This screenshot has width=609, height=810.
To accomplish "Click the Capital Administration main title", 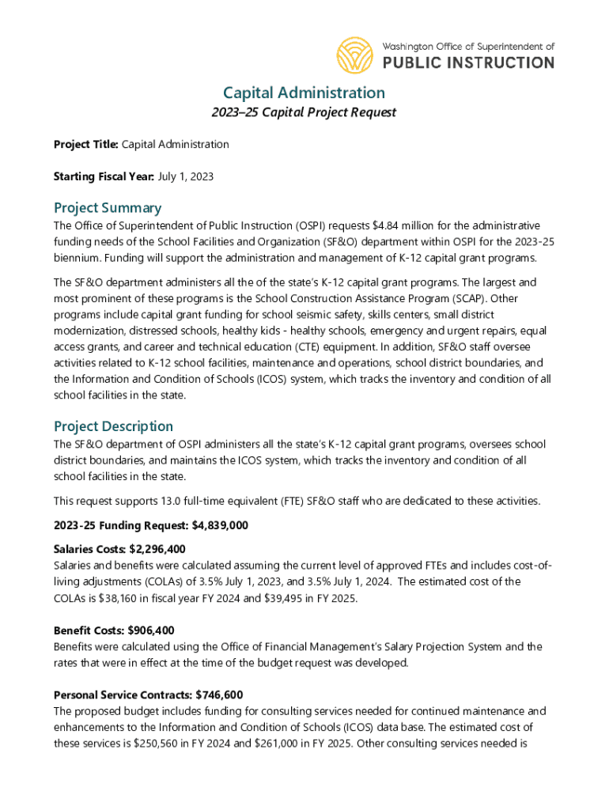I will click(x=304, y=93).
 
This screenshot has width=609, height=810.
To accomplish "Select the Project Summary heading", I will click(x=108, y=207).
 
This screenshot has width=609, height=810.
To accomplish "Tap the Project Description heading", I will click(x=113, y=426).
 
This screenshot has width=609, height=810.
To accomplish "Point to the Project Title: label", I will click(x=85, y=144).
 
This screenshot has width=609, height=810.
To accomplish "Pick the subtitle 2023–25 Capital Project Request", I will click(x=304, y=112).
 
